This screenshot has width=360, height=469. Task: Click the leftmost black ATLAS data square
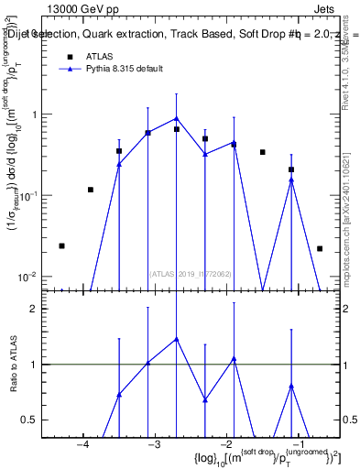click(x=61, y=245)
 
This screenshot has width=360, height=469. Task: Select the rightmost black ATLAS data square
click(x=320, y=248)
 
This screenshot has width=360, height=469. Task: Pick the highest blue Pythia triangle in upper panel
click(x=177, y=118)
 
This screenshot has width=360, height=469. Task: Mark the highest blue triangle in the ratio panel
click(x=177, y=339)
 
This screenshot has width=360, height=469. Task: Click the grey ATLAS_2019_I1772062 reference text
click(x=191, y=272)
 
